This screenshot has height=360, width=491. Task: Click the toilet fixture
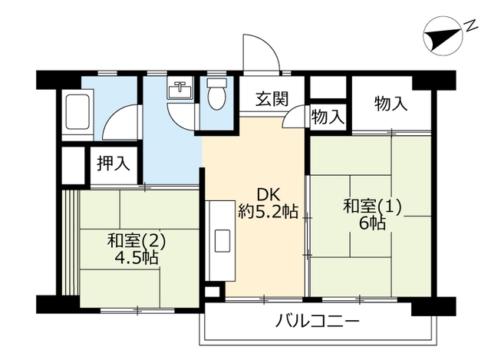216,94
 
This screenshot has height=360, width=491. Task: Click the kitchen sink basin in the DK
222,240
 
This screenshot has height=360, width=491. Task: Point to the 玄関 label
272,99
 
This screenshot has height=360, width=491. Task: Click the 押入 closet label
114,163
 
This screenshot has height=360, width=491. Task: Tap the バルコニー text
317,322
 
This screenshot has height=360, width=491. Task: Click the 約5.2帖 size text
268,211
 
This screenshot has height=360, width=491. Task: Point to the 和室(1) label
372,206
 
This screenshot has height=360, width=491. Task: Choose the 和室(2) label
137,241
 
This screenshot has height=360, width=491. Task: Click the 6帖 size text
372,223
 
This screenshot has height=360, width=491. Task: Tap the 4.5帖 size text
137,258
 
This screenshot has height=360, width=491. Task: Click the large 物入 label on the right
391,104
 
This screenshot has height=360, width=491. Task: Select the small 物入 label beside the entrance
328,117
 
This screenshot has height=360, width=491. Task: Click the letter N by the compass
471,26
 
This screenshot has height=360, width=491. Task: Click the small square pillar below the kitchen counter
215,292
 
